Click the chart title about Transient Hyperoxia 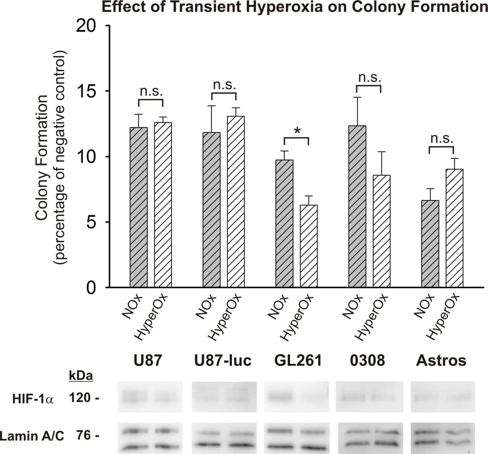(295, 7)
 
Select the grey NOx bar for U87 (139, 207)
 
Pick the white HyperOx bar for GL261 (309, 246)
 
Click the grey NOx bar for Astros (430, 244)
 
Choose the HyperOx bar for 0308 (381, 231)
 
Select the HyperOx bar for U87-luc (236, 201)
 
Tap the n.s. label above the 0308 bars (369, 77)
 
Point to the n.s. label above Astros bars (442, 138)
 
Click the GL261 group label (298, 361)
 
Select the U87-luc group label (223, 361)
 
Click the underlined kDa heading (81, 375)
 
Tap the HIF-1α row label (33, 399)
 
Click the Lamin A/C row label (32, 436)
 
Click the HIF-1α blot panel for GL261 (296, 397)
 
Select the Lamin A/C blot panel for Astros (442, 438)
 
